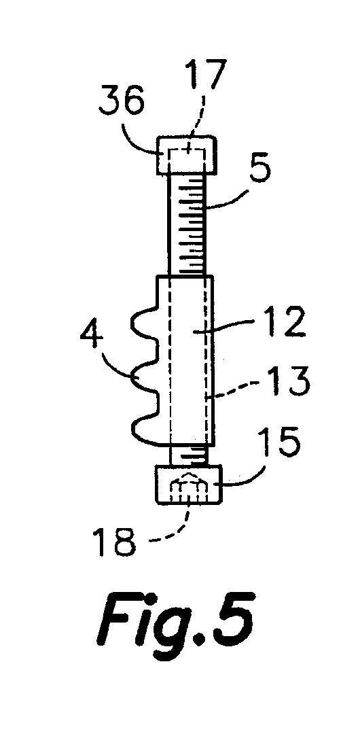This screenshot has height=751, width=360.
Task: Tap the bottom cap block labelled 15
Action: [189, 485]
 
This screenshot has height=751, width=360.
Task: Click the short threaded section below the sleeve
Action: [189, 455]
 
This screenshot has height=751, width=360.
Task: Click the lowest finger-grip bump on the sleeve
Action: [145, 429]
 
